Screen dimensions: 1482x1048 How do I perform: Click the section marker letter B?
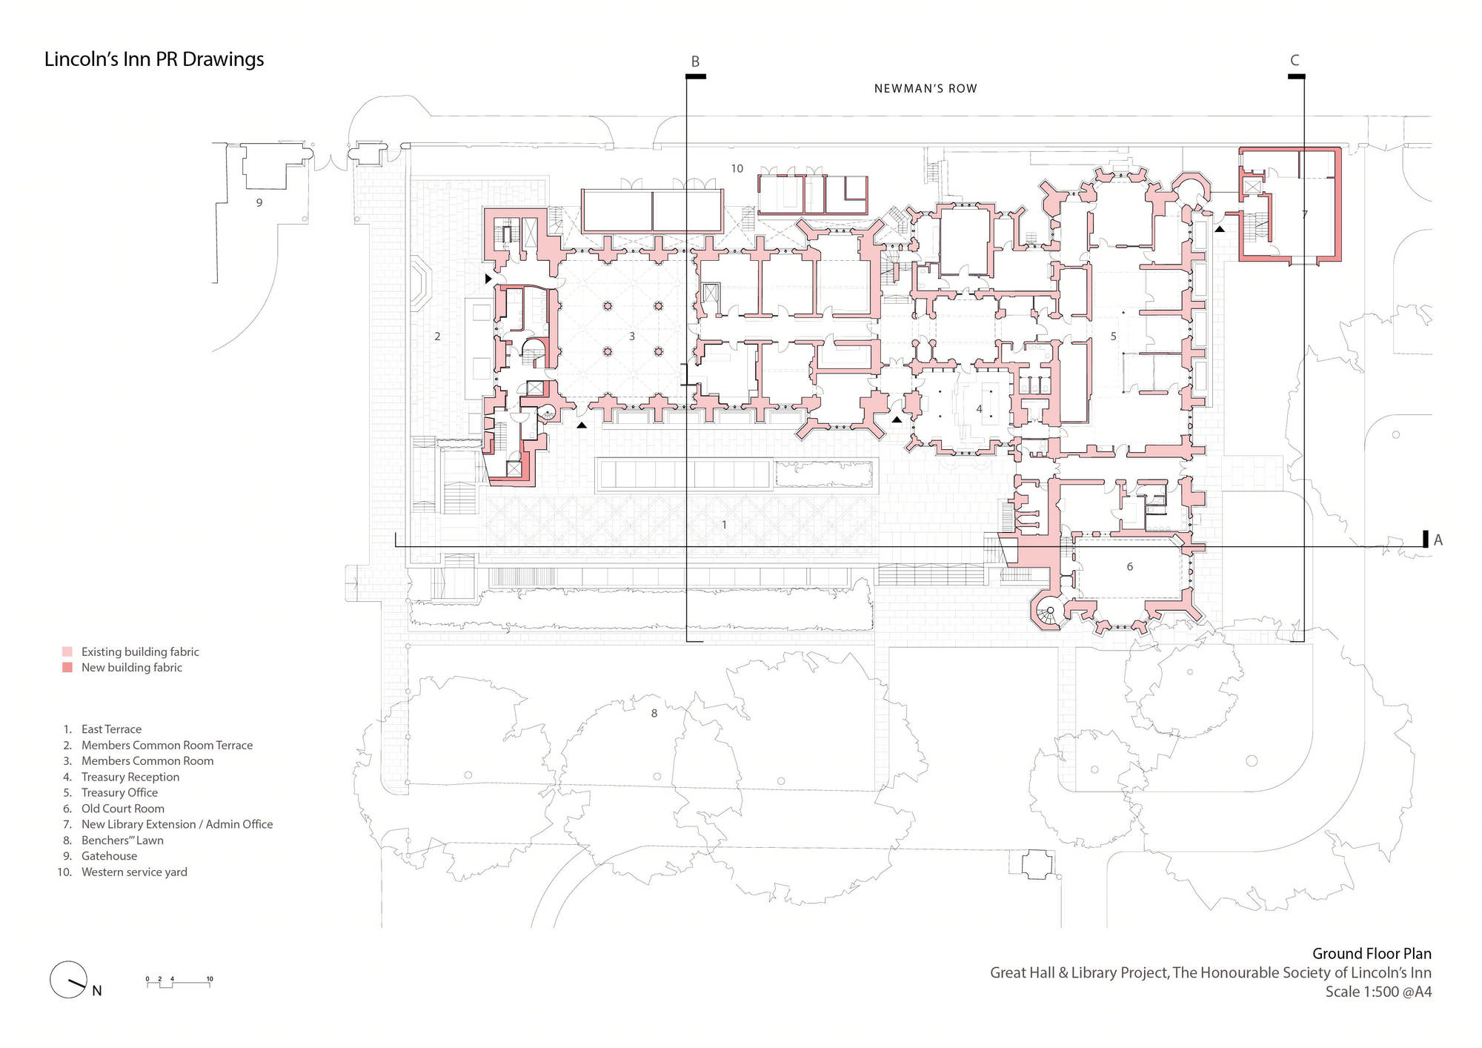(x=695, y=62)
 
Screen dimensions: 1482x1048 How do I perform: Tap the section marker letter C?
(x=1295, y=60)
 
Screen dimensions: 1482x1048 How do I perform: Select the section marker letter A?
(x=1438, y=540)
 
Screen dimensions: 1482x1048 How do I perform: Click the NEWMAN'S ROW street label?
(x=926, y=89)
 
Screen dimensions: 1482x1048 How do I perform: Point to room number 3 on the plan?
(x=632, y=336)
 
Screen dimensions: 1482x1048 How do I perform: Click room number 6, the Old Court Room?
(x=1129, y=567)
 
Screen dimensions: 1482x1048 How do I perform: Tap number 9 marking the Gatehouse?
(x=259, y=202)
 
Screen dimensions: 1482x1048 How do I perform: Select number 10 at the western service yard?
(x=737, y=169)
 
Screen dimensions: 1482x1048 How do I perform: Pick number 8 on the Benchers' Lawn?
(x=654, y=714)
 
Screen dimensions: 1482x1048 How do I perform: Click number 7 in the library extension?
(x=1304, y=215)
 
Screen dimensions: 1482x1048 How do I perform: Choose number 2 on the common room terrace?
(x=437, y=336)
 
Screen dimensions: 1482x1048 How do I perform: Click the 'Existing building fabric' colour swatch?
(x=67, y=651)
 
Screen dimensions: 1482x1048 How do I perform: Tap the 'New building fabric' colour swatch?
(x=67, y=667)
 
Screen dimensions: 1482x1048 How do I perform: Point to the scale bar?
(x=179, y=981)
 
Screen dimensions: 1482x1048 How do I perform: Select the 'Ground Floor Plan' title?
(x=1372, y=954)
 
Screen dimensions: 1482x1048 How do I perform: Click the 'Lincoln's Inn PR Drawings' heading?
(x=154, y=59)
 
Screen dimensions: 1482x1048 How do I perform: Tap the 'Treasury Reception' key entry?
(x=130, y=777)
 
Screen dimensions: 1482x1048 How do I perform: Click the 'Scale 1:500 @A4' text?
(x=1378, y=992)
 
